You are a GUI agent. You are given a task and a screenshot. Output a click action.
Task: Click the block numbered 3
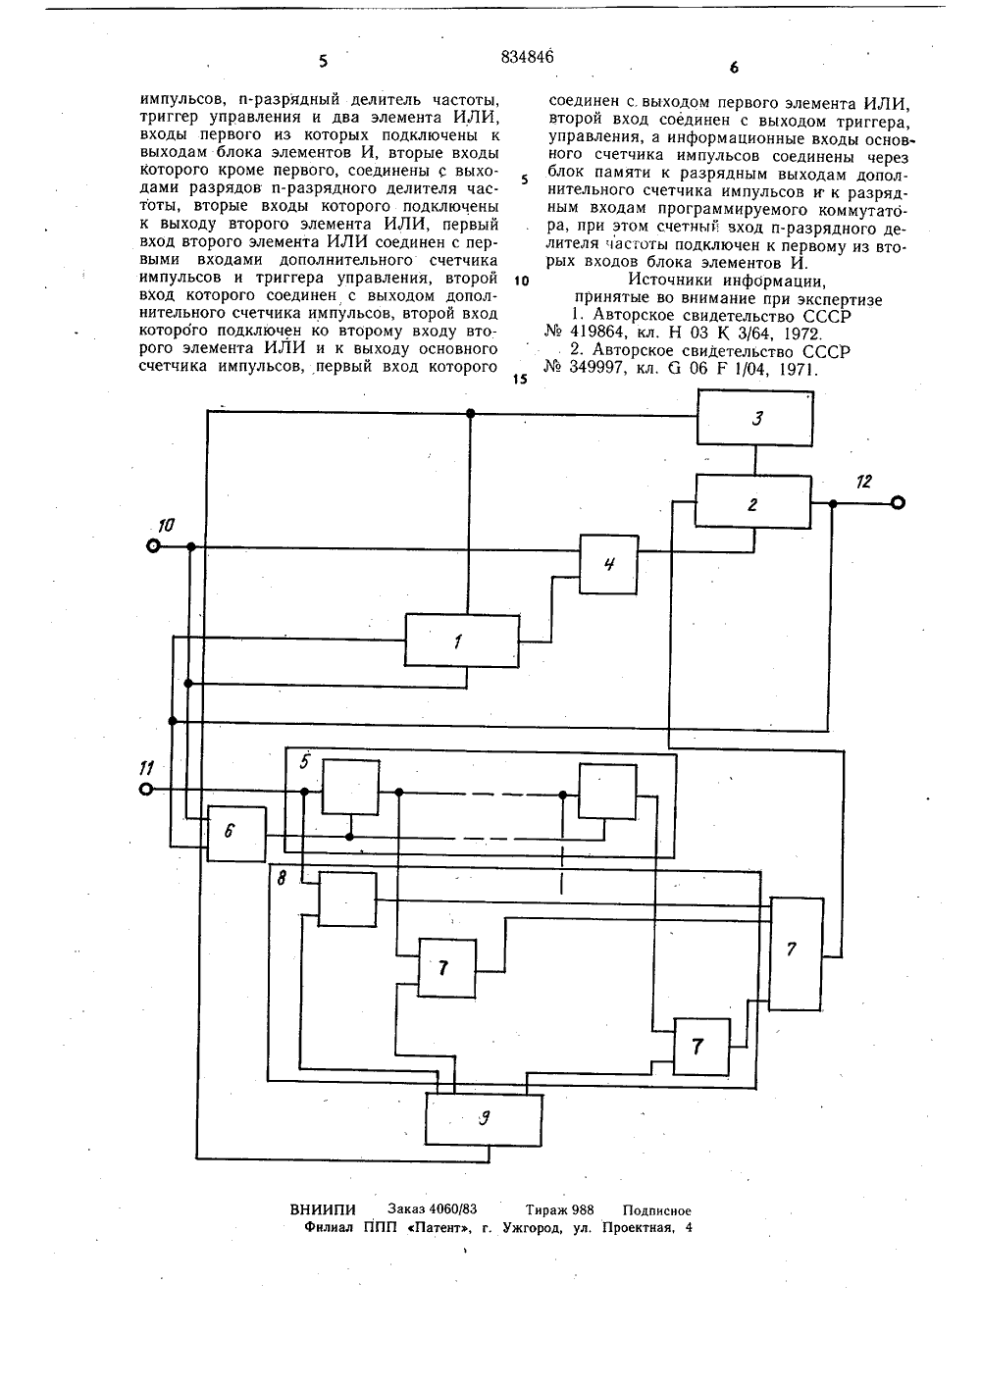(x=754, y=417)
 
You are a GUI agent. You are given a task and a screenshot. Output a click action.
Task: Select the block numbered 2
(x=752, y=501)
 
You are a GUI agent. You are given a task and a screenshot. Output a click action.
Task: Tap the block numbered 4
(x=608, y=564)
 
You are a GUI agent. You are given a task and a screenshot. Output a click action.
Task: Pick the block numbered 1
(x=461, y=641)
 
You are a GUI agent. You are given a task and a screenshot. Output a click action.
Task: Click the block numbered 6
(x=236, y=834)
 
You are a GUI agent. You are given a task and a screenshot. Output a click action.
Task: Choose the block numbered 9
(x=483, y=1119)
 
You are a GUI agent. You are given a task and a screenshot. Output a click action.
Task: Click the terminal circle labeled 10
(x=153, y=546)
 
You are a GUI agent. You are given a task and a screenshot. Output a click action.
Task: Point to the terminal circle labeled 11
(x=146, y=790)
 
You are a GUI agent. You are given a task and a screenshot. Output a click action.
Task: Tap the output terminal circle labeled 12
(x=898, y=503)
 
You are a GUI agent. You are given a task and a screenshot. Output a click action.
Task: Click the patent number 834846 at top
(x=527, y=57)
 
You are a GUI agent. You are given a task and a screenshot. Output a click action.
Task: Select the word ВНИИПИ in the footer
(x=323, y=1209)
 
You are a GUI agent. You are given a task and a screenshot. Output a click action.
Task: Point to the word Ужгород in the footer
(x=535, y=1227)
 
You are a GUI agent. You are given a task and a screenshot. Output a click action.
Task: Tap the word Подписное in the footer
(x=656, y=1209)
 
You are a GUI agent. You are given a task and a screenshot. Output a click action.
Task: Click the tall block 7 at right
(x=797, y=952)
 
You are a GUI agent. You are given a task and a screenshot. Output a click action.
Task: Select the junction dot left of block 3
(x=470, y=413)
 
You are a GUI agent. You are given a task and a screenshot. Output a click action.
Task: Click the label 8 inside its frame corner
(x=282, y=878)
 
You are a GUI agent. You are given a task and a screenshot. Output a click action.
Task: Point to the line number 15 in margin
(x=520, y=379)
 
